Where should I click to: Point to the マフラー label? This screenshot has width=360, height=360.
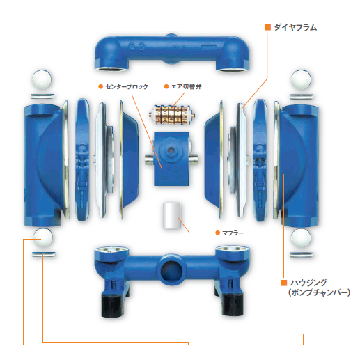click(233, 232)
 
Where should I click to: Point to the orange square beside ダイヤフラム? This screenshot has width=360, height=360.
click(267, 27)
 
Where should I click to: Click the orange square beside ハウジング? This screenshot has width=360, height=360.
click(283, 283)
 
